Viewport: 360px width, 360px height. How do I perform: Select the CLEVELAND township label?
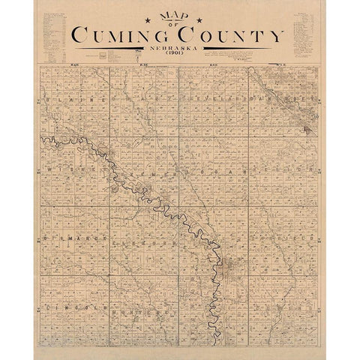pos(213,100)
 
